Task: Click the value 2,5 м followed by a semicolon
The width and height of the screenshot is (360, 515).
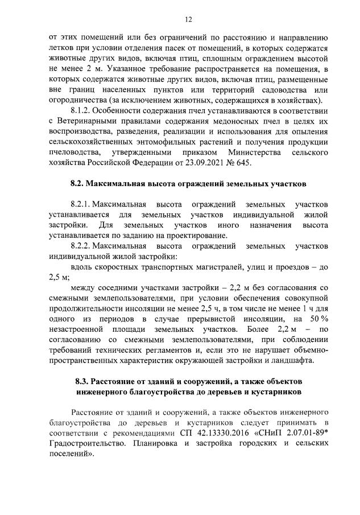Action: pos(58,277)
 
